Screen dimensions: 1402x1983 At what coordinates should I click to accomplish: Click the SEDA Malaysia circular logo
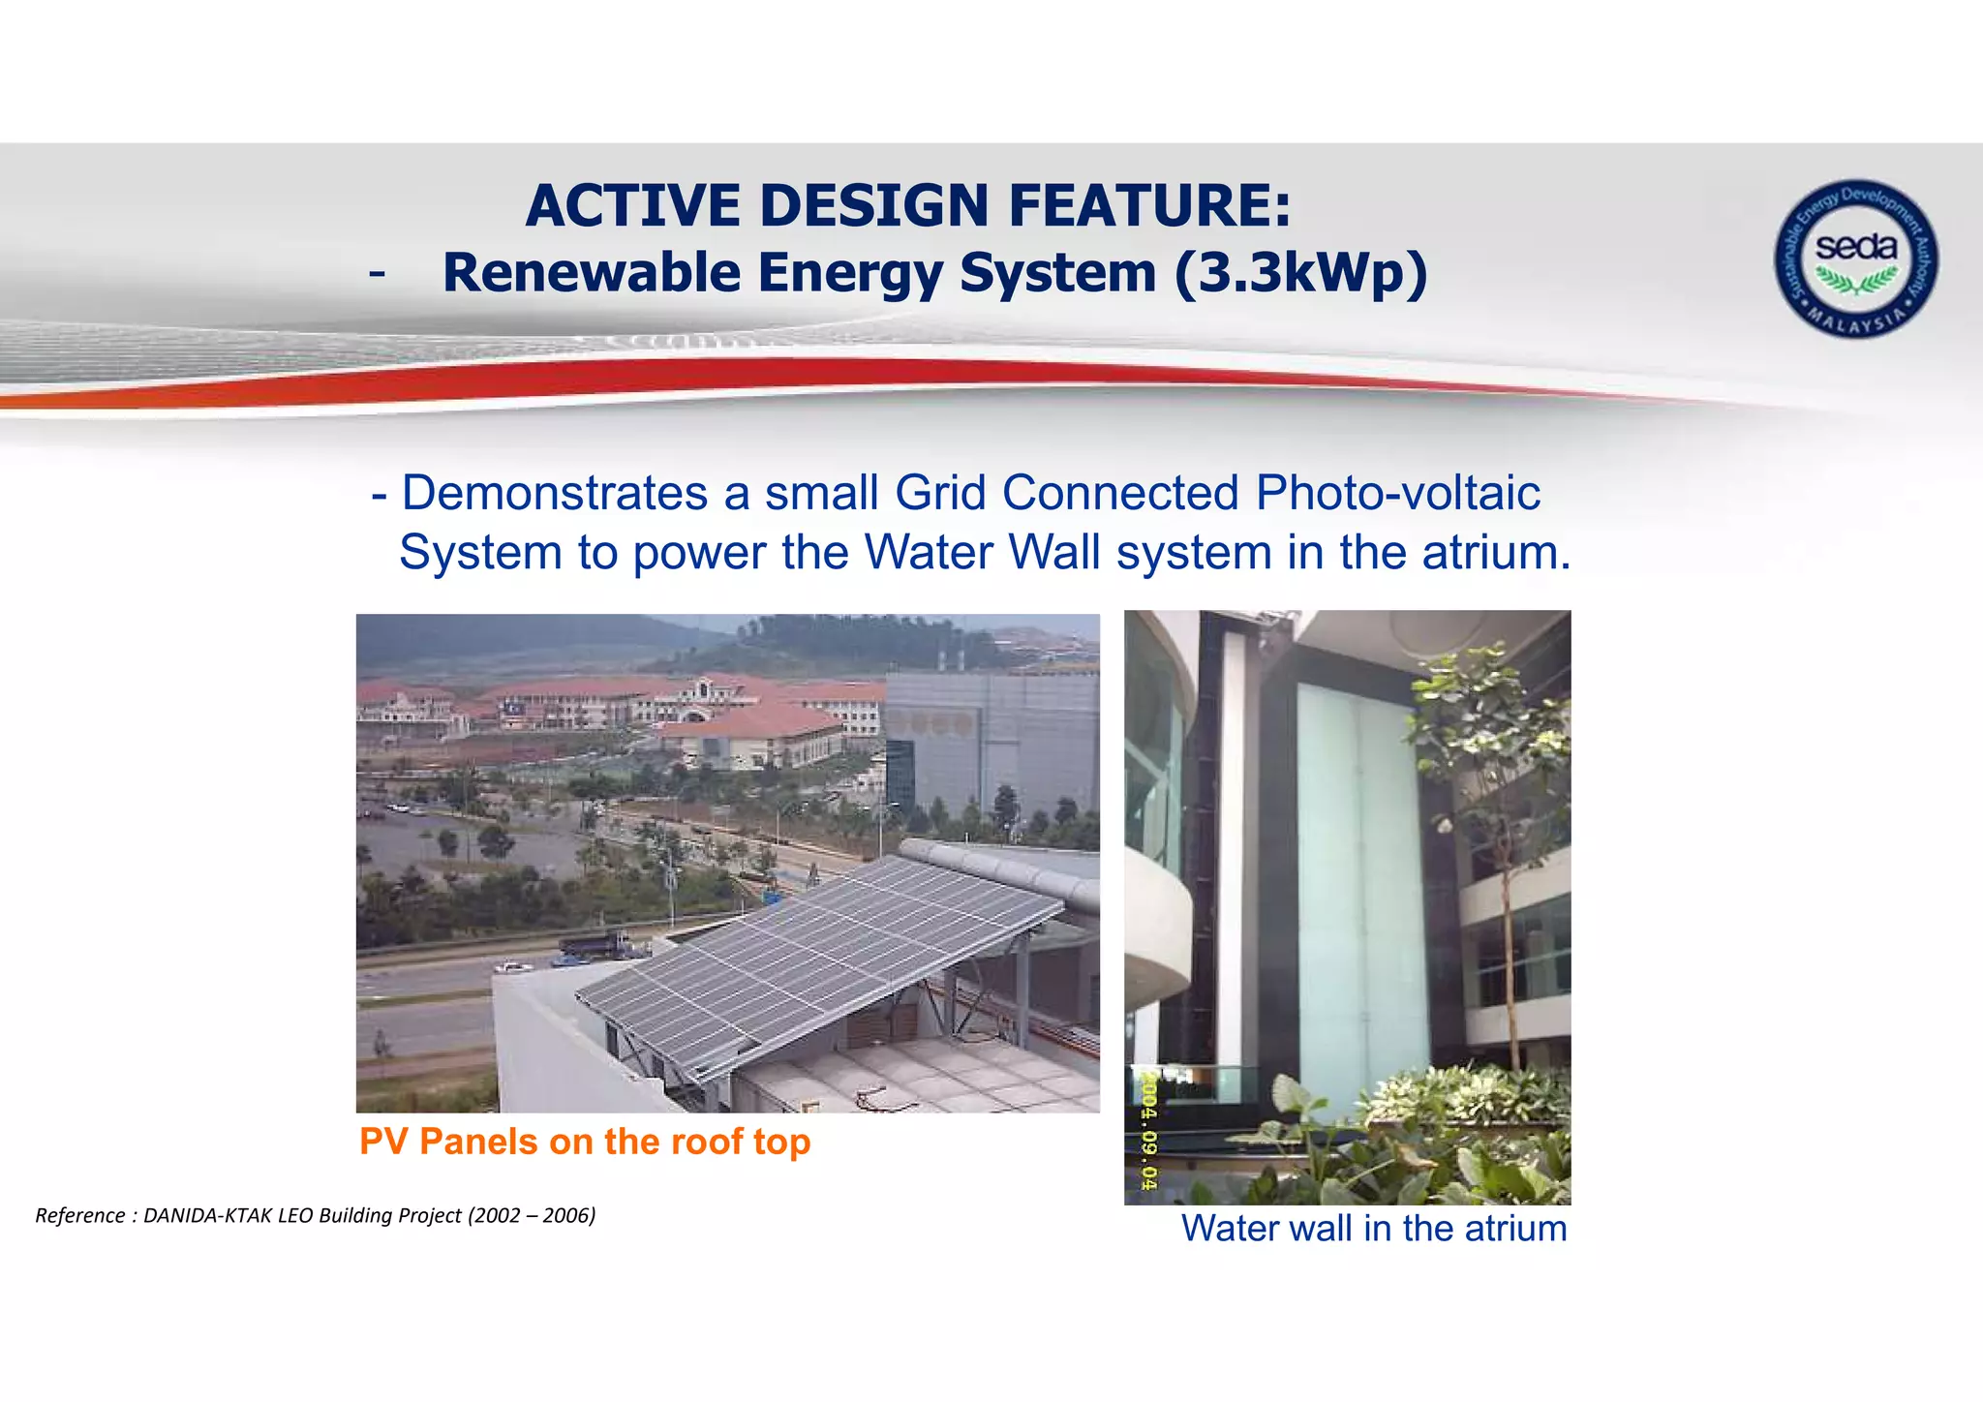1855,259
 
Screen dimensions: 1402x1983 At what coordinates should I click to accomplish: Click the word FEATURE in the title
1149,206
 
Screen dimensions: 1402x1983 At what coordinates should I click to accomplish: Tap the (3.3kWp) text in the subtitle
1300,273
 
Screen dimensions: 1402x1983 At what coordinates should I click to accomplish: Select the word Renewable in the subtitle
592,273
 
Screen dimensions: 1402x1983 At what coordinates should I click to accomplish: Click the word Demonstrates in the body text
555,493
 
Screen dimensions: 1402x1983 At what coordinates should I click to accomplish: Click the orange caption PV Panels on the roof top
584,1142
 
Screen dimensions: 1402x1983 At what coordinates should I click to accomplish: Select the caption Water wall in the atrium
1373,1229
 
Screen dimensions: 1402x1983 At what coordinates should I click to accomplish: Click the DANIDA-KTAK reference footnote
315,1215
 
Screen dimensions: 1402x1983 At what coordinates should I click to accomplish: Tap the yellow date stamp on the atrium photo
1148,1129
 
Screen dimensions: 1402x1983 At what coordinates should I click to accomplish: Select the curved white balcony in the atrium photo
1157,930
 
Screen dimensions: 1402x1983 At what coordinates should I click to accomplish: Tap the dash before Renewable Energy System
377,275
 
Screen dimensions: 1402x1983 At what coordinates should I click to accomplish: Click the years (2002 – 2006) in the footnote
532,1215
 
